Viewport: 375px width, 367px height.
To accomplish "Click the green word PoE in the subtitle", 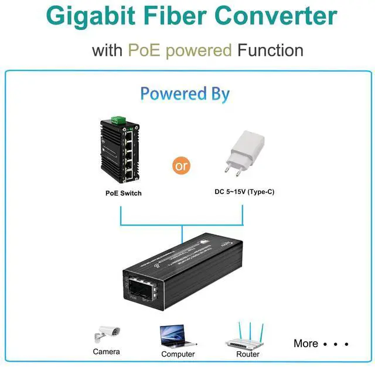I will click(x=143, y=50).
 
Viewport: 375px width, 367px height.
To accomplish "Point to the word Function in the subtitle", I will click(x=270, y=50).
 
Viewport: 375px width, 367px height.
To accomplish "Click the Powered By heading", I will click(x=185, y=94).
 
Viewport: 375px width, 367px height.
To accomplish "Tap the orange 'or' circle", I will click(x=182, y=165).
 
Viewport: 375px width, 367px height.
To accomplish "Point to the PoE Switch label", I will click(x=123, y=193).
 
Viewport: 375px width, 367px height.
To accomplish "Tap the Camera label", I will click(x=106, y=352).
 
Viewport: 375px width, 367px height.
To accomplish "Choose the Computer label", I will click(x=178, y=354).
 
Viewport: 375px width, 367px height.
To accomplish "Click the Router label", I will click(x=248, y=354).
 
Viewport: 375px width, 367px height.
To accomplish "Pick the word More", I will click(x=306, y=344).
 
